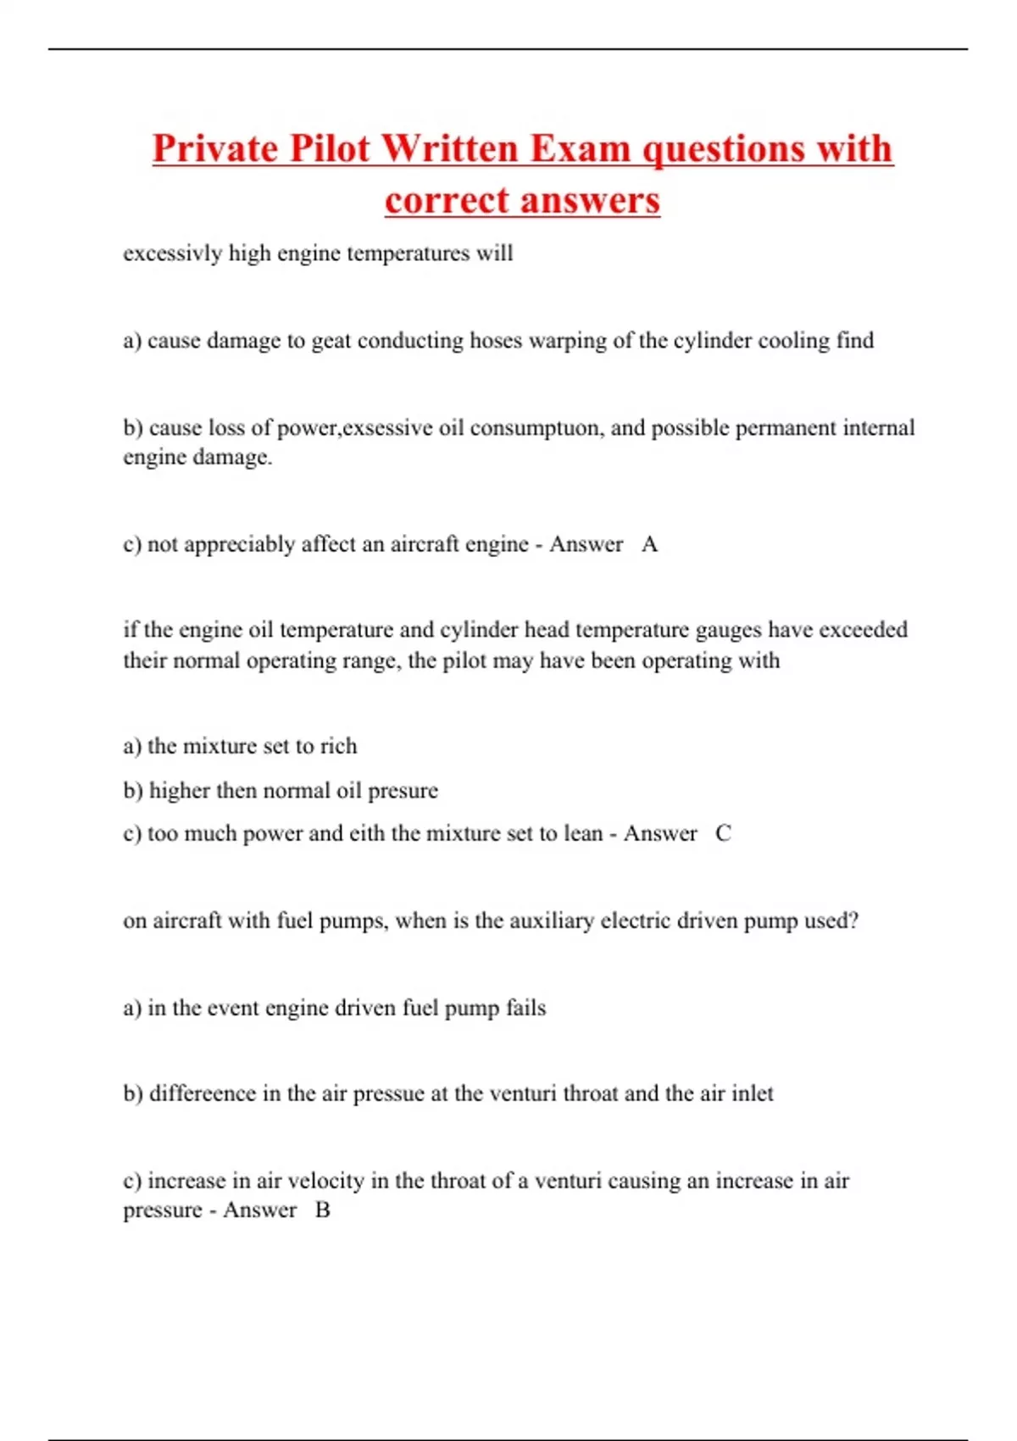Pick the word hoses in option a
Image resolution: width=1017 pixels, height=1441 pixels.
pyautogui.click(x=496, y=341)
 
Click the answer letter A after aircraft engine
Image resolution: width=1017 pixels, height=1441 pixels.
pyautogui.click(x=649, y=544)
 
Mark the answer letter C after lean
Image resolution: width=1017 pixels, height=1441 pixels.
pyautogui.click(x=723, y=834)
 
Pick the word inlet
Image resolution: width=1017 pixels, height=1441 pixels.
pyautogui.click(x=752, y=1093)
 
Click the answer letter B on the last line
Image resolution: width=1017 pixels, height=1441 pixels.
pyautogui.click(x=323, y=1210)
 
